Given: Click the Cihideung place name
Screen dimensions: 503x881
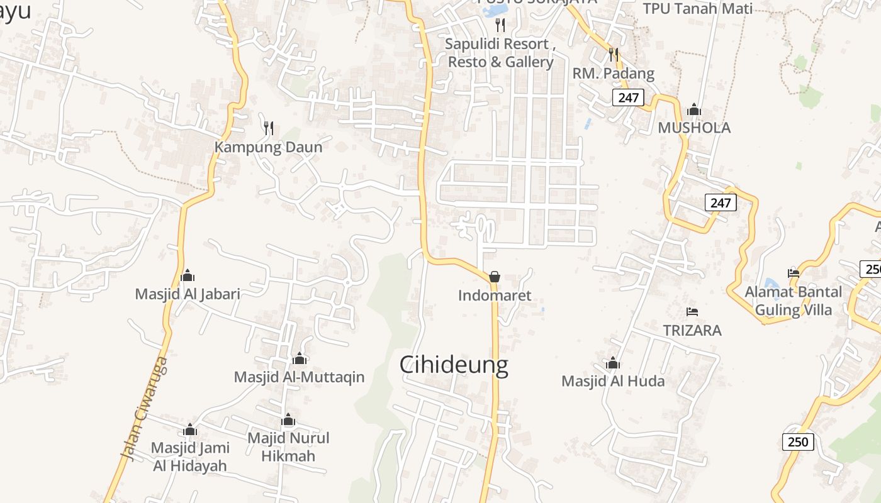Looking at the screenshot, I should point(454,365).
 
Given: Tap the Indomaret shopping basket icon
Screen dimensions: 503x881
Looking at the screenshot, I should point(495,276).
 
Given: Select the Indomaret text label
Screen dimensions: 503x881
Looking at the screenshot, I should point(495,296).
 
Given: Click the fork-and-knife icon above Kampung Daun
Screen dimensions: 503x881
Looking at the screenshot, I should point(269,128).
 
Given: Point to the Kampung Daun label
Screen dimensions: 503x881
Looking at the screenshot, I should point(269,147).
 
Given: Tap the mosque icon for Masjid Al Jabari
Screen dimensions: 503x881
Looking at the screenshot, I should point(188,275).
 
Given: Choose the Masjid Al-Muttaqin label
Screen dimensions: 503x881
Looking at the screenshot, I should point(300,377).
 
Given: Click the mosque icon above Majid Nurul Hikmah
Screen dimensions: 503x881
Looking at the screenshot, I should point(288,419).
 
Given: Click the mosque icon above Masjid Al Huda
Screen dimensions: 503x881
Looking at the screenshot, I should point(613,363).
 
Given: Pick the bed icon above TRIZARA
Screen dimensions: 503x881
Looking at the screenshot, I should point(692,312).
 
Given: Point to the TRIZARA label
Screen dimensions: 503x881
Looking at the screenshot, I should point(692,330).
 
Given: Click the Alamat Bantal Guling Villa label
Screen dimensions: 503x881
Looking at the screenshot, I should point(793,301).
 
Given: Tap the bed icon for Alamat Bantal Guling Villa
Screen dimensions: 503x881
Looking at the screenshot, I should point(794,274).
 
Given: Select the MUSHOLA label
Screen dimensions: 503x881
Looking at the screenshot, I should point(694,128).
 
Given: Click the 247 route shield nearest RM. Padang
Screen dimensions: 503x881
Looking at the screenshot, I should point(628,97).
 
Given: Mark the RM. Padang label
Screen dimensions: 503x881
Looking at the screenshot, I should point(614,74).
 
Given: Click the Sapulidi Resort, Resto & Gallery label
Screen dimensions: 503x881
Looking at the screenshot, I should point(500,53).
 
